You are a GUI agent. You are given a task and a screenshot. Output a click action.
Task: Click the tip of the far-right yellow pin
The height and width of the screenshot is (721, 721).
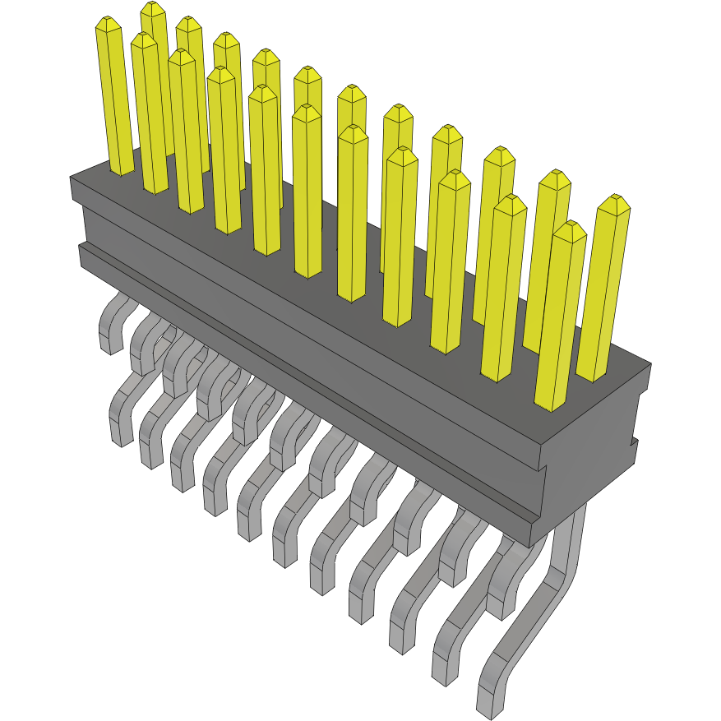coord(614,201)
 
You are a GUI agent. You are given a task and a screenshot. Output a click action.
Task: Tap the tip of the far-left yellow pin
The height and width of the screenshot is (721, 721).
coord(108,22)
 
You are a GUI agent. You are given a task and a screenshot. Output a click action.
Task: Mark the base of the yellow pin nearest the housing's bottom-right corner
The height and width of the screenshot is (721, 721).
coord(552,403)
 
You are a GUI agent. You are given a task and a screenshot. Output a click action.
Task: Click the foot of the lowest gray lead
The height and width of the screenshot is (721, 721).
coord(490,703)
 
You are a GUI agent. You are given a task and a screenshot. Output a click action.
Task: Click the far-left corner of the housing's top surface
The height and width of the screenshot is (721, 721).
coord(72,178)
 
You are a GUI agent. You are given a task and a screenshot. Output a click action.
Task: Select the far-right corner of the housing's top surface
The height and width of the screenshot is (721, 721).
coord(650,363)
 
